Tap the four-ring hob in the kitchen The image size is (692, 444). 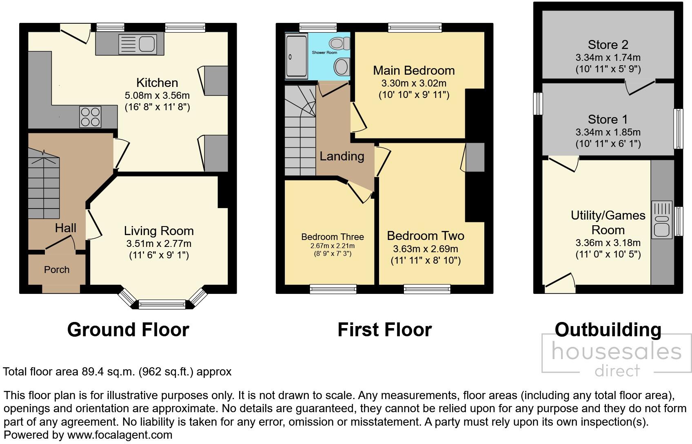(90, 117)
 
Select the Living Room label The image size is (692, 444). (159, 231)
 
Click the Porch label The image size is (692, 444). (57, 270)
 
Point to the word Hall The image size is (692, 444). (66, 228)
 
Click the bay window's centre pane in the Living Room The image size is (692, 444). (162, 304)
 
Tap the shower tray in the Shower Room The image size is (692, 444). (296, 56)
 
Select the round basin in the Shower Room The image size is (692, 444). (341, 66)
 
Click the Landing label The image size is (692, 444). (342, 156)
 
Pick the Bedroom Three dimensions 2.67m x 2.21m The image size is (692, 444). (333, 246)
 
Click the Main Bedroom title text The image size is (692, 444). (413, 71)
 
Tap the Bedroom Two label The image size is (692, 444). (425, 236)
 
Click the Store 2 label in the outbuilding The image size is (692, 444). (608, 44)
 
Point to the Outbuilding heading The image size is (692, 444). (608, 329)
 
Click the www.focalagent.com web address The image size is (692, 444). (120, 435)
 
